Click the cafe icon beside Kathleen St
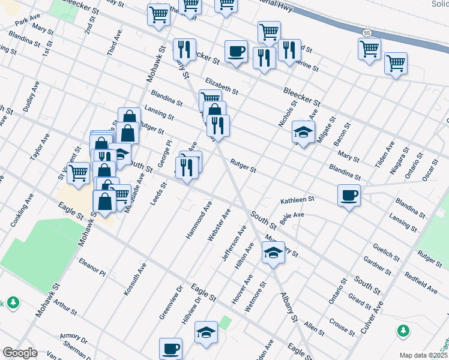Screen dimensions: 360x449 coord(349,195)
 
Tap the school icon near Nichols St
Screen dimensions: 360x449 coord(304,132)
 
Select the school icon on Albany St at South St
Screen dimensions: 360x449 coord(273,252)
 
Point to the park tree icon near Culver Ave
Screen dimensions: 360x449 coord(403,331)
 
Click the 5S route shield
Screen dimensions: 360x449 coord(367,32)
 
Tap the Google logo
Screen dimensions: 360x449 coord(20,353)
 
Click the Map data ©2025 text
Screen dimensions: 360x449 coord(423,355)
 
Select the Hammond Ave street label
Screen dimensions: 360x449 coord(199,220)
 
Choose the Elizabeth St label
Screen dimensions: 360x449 coord(221,86)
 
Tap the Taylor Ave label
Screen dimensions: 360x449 coord(40,147)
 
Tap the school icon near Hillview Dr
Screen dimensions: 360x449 coord(206,333)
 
